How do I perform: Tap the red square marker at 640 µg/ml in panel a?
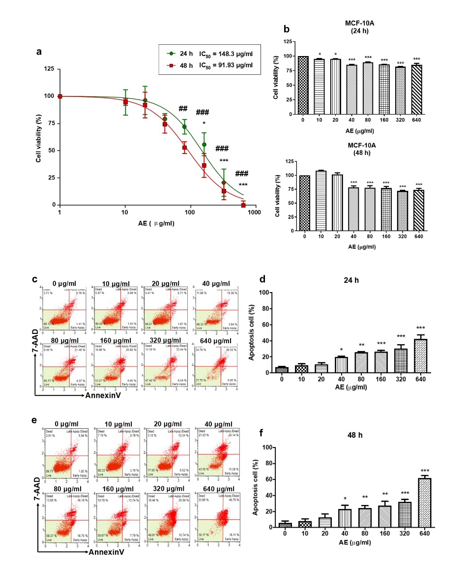tap(243, 205)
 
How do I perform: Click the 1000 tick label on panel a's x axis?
tap(254, 213)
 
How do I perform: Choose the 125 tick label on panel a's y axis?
tap(48, 68)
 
